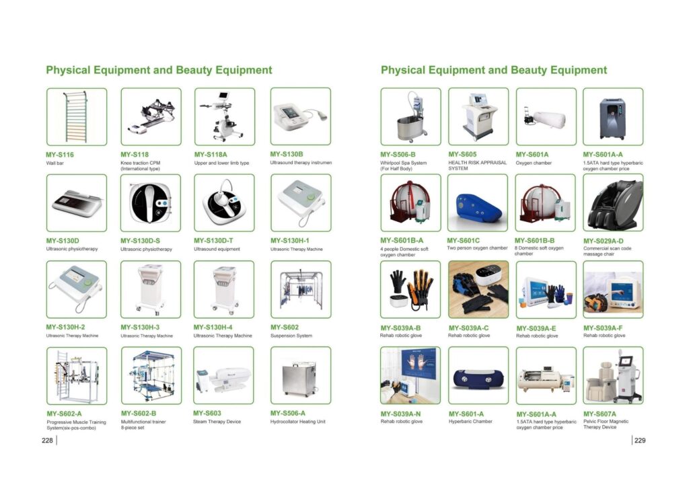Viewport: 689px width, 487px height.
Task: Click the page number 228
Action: tap(47, 441)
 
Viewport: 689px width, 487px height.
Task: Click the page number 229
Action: tap(640, 441)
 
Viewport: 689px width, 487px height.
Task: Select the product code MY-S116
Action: tap(60, 155)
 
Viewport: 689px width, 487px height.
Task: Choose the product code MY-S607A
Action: tap(600, 414)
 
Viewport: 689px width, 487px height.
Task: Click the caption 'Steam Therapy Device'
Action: tap(217, 422)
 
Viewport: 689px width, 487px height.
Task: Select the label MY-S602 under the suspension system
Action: tap(285, 327)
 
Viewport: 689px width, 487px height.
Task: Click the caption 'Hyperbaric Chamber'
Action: tap(470, 422)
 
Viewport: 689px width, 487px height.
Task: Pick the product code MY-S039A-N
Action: tap(400, 414)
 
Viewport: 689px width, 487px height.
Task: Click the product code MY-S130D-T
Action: tap(213, 241)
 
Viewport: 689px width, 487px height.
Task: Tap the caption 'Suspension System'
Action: tap(291, 336)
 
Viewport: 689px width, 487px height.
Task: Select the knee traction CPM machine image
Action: tap(149, 116)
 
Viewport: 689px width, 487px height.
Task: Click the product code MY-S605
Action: tap(462, 154)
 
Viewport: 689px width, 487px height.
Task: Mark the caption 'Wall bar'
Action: tap(55, 163)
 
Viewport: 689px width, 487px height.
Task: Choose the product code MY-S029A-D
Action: tap(604, 241)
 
